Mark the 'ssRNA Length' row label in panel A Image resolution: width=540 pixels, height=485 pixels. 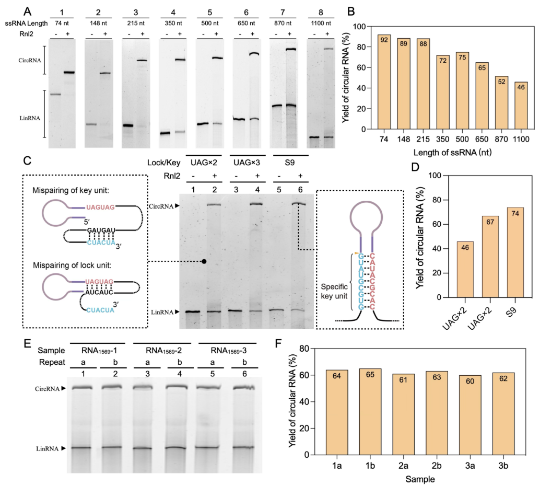tap(25, 22)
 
